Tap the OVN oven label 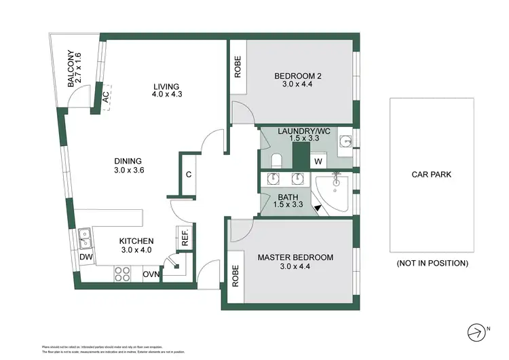[150, 274]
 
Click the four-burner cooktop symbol [122, 274]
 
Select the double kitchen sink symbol [86, 237]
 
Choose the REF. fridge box [184, 238]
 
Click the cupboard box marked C [189, 174]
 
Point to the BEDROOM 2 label [298, 80]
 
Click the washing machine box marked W [318, 161]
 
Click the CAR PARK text [431, 175]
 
